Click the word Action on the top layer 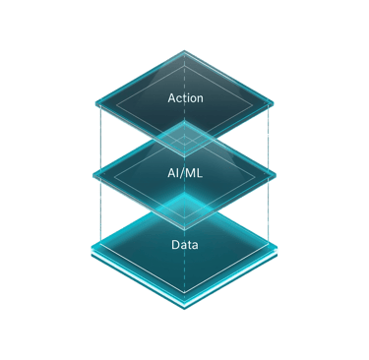[x=185, y=98]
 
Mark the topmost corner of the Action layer [x=185, y=50]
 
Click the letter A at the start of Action [x=172, y=98]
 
